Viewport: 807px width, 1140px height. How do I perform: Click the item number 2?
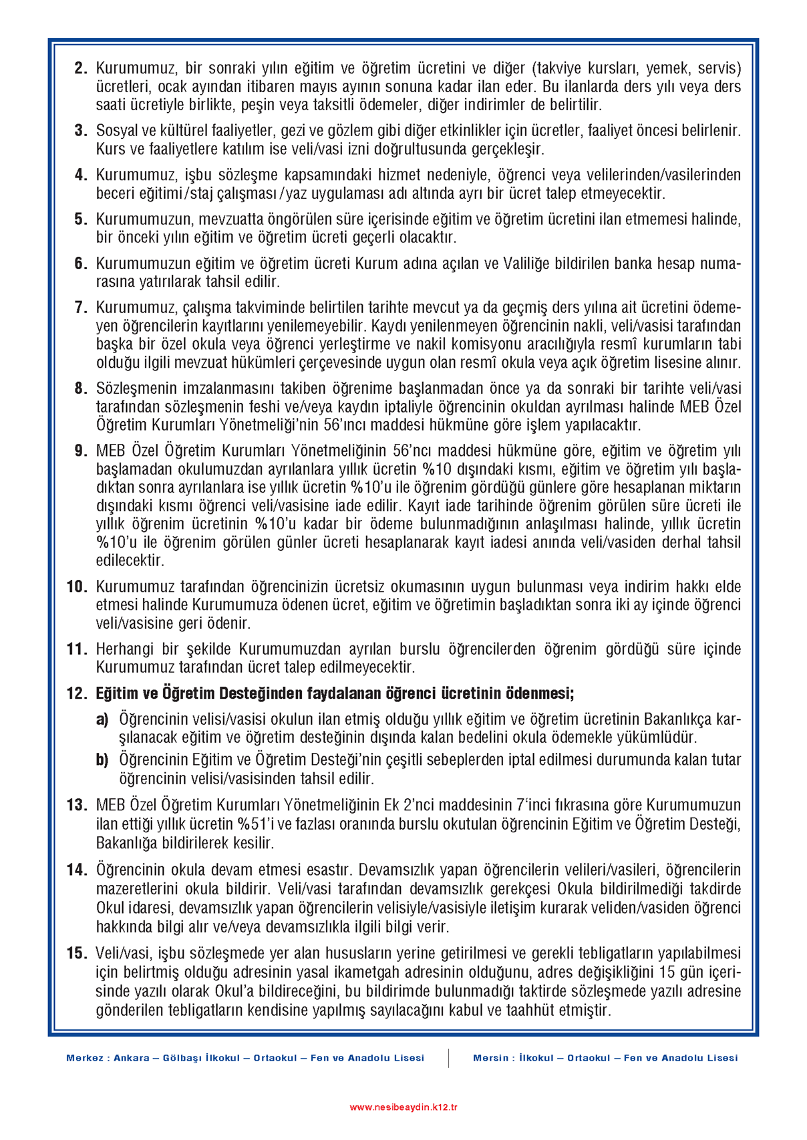[x=81, y=68]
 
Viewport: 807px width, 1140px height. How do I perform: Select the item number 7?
[x=81, y=308]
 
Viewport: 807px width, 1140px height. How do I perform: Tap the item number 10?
[x=77, y=587]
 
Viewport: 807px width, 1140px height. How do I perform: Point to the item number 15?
[x=77, y=953]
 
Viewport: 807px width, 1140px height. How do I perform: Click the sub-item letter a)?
[x=102, y=719]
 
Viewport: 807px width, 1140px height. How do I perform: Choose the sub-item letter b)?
[x=102, y=760]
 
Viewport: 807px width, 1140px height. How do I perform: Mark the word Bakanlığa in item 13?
[x=128, y=842]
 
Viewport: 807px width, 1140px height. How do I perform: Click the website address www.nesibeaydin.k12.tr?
[x=403, y=1107]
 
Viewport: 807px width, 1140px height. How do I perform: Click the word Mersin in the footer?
[x=490, y=1058]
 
